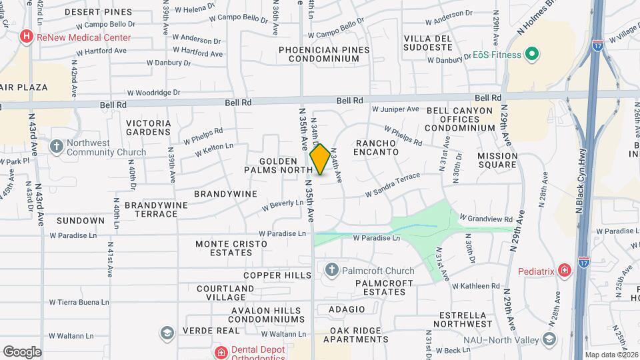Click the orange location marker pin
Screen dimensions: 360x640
[x=320, y=159]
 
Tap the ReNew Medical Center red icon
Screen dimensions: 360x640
[x=27, y=37]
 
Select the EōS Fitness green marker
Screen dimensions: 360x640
[x=531, y=54]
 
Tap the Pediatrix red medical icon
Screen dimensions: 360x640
[x=565, y=271]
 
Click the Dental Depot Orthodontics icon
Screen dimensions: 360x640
[x=220, y=351]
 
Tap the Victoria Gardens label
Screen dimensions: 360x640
[x=148, y=127]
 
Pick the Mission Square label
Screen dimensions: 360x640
[x=497, y=160]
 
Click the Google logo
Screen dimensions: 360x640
[x=22, y=351]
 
